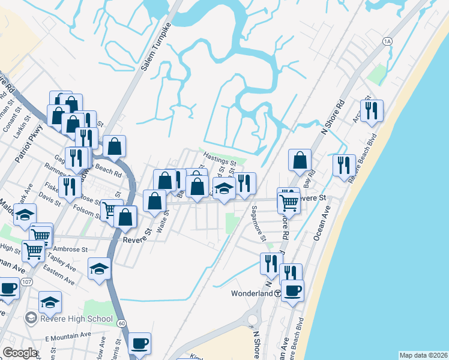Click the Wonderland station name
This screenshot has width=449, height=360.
(x=252, y=294)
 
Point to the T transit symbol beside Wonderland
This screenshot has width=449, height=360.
(x=277, y=294)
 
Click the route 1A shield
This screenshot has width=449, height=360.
(x=387, y=41)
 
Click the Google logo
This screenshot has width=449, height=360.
(x=19, y=353)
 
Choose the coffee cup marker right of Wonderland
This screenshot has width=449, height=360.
(x=292, y=290)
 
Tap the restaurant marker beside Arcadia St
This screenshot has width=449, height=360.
(x=372, y=110)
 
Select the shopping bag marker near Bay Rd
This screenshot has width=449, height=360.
(x=300, y=160)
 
